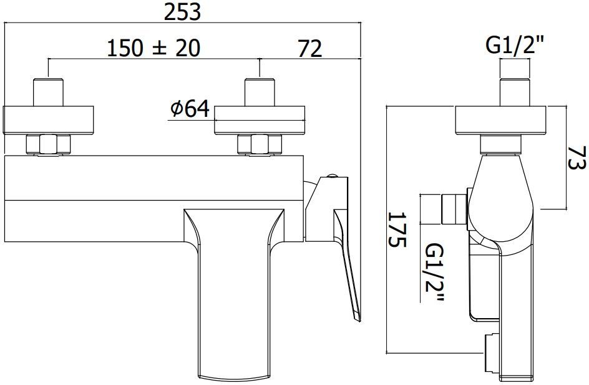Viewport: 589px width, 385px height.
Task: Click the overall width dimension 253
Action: click(182, 12)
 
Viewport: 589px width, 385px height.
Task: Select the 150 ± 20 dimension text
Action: click(153, 48)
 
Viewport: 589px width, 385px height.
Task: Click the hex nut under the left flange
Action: click(49, 145)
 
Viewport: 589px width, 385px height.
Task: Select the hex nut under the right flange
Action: click(260, 145)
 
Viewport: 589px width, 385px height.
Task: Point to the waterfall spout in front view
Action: click(231, 294)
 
